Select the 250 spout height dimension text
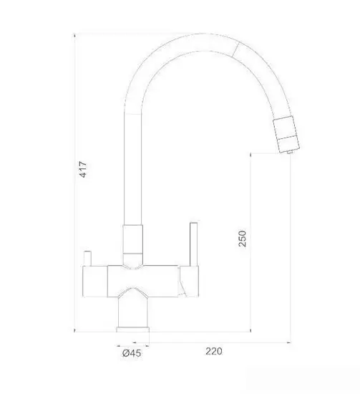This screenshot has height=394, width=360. coord(243,239)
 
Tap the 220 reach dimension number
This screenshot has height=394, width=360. coord(213,351)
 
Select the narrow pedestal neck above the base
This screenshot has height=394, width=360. coord(134,308)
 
